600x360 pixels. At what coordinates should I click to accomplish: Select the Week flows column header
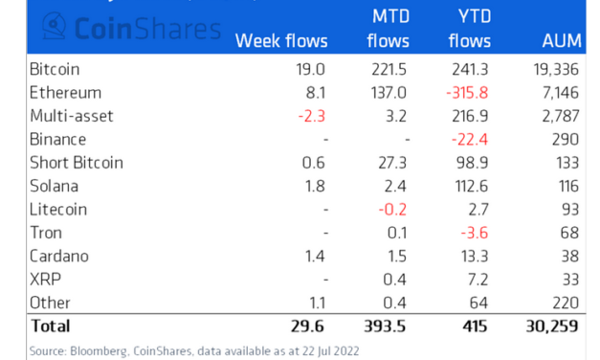281,41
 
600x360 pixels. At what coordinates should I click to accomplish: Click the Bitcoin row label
56,70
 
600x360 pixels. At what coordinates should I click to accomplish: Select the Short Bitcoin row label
77,163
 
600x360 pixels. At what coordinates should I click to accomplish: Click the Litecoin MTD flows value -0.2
395,209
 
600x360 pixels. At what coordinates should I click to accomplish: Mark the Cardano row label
61,256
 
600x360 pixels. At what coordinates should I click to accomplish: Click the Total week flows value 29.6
309,326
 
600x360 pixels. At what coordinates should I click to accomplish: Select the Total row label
53,326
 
